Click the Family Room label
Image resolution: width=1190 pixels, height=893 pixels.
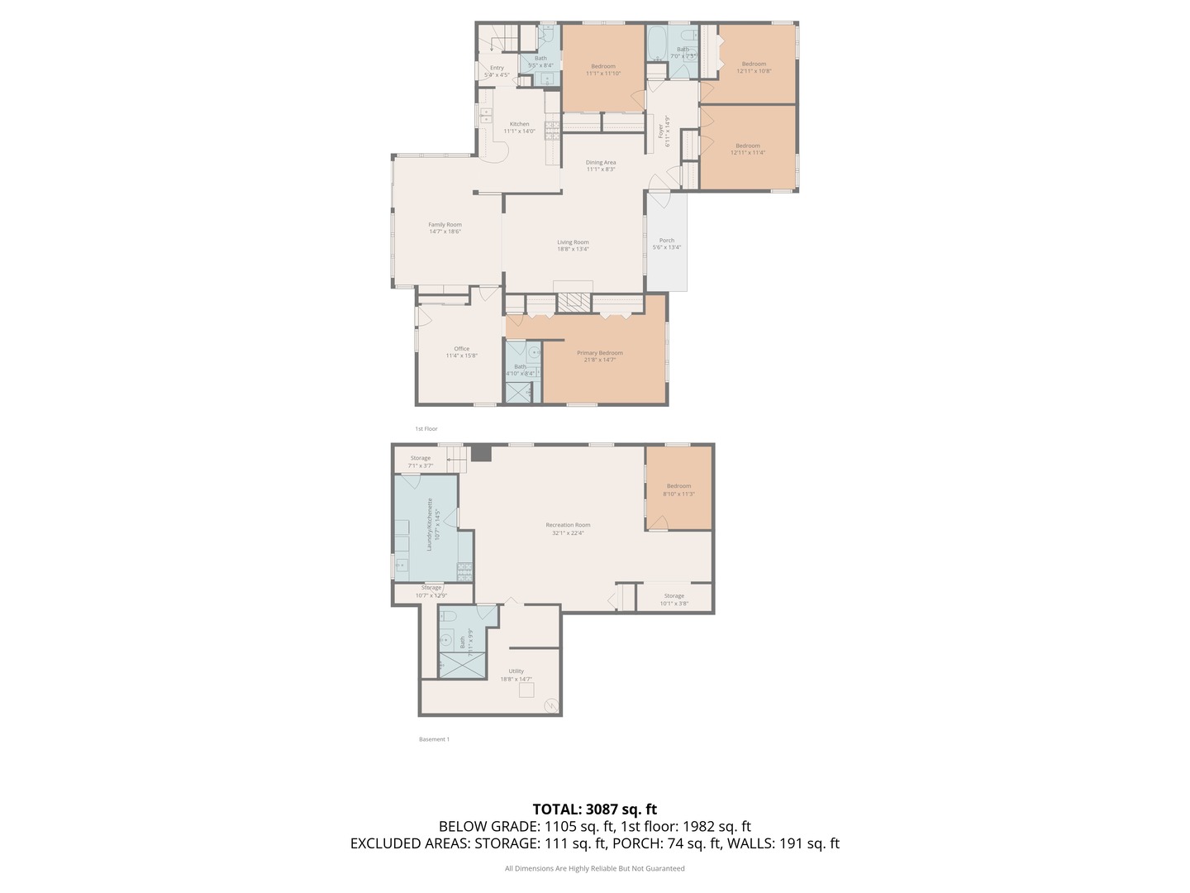click(445, 225)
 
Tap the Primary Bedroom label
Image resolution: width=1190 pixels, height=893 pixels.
click(600, 353)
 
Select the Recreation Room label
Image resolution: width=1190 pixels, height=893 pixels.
click(568, 525)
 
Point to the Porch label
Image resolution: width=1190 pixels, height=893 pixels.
click(667, 241)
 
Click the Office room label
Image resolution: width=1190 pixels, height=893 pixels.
click(461, 349)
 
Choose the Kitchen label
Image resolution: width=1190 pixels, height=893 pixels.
click(519, 124)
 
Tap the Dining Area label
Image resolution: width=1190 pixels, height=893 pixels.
click(601, 163)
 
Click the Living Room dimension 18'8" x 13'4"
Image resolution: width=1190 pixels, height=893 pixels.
click(573, 249)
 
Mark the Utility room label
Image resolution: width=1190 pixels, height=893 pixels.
click(516, 671)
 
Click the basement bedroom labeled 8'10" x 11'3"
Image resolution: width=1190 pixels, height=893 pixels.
click(678, 490)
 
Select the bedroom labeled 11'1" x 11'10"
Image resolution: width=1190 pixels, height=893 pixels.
click(603, 69)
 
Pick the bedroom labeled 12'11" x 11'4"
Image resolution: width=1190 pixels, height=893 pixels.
click(748, 149)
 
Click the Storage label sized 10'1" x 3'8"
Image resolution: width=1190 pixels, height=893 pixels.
click(674, 599)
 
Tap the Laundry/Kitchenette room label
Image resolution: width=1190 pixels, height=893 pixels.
click(429, 525)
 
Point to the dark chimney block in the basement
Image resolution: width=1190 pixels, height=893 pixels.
click(481, 453)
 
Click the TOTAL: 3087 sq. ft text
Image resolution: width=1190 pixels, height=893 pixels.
click(594, 809)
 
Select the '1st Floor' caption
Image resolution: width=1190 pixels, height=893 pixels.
click(426, 429)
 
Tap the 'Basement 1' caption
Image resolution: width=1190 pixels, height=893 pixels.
click(434, 739)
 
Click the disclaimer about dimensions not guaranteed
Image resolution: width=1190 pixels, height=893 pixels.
click(594, 868)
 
